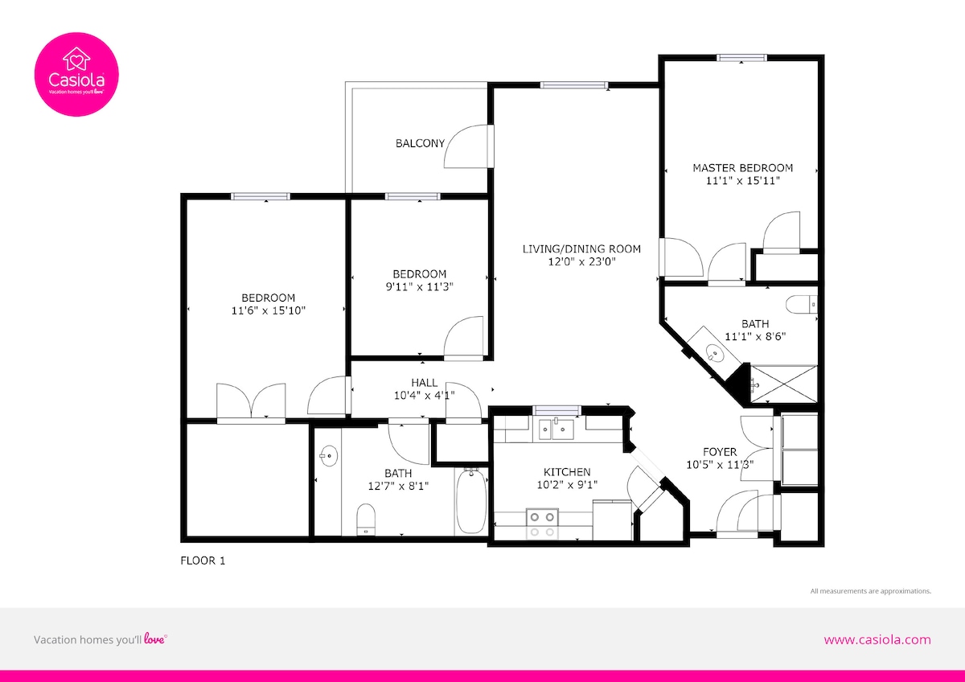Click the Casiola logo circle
pos(76,74)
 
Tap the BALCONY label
pos(420,143)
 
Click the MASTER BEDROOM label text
pos(743,167)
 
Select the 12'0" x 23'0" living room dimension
pos(581,261)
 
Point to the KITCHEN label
pos(567,472)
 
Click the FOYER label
pos(720,452)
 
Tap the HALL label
pos(425,383)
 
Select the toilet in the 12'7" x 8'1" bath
pos(366,520)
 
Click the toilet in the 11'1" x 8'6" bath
pos(801,305)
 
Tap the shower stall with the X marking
pos(783,384)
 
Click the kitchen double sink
pos(556,429)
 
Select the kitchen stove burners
pos(542,524)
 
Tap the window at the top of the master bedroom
pos(741,58)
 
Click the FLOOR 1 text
pos(203,561)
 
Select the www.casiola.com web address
pos(877,640)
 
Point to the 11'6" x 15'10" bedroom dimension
pos(269,310)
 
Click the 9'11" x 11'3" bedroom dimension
pos(420,286)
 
